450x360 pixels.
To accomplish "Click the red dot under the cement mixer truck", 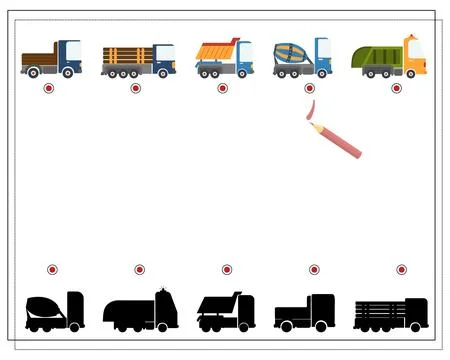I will (x=309, y=88).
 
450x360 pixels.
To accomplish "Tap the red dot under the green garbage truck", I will (x=396, y=88).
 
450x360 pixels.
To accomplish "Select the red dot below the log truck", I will (x=135, y=88).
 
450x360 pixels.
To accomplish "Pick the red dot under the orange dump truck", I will (x=222, y=88).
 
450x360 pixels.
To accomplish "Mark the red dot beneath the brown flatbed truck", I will (x=48, y=88).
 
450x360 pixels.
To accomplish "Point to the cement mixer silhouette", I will (x=54, y=311).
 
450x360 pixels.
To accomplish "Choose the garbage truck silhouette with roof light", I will (x=140, y=311).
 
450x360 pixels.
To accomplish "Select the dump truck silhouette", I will (x=225, y=312).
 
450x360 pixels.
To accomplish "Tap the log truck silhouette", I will (x=391, y=314).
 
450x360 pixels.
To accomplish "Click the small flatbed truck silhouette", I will (x=305, y=313).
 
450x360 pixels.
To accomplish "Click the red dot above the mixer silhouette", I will (x=52, y=270).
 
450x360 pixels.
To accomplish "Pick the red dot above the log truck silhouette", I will (x=401, y=270).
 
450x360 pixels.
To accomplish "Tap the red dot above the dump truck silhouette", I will (x=227, y=270).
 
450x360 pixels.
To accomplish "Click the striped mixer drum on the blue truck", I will (x=292, y=53).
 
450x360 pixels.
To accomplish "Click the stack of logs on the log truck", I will (x=126, y=55).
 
